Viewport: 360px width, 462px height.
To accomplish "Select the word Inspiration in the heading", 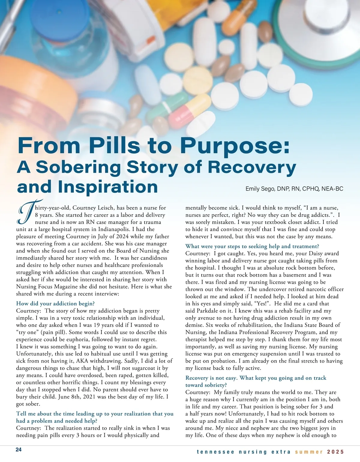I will point(108,187).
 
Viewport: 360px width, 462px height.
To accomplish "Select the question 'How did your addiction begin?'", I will point(55,303).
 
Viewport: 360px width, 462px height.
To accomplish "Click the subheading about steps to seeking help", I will point(252,246).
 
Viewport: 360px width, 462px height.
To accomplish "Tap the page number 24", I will point(19,450).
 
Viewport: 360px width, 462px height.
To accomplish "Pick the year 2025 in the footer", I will point(335,452).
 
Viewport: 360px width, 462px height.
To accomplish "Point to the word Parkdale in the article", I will point(208,310).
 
